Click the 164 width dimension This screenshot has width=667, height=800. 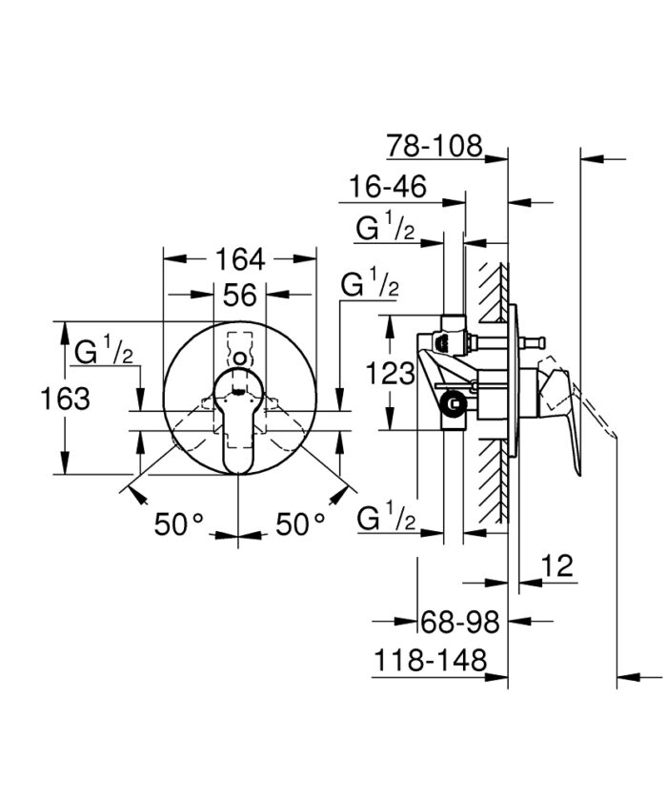click(x=240, y=259)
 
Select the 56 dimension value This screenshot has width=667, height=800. click(x=240, y=296)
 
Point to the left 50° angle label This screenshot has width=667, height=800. click(x=180, y=523)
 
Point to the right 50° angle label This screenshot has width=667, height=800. click(x=300, y=523)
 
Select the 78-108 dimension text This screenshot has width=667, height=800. click(x=435, y=146)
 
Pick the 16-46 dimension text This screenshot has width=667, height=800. click(x=387, y=187)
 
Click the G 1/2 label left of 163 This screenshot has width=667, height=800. click(x=103, y=351)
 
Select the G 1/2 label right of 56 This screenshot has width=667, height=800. click(x=370, y=284)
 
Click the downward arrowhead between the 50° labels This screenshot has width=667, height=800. click(x=239, y=538)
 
